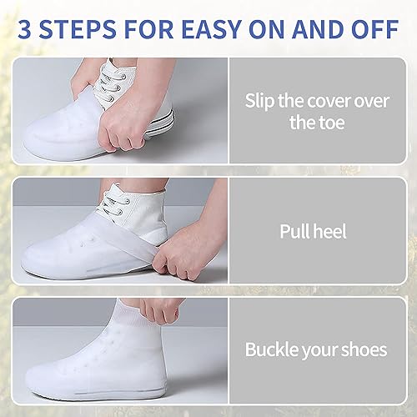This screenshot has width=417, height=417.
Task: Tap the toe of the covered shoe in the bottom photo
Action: pos(46,375)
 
